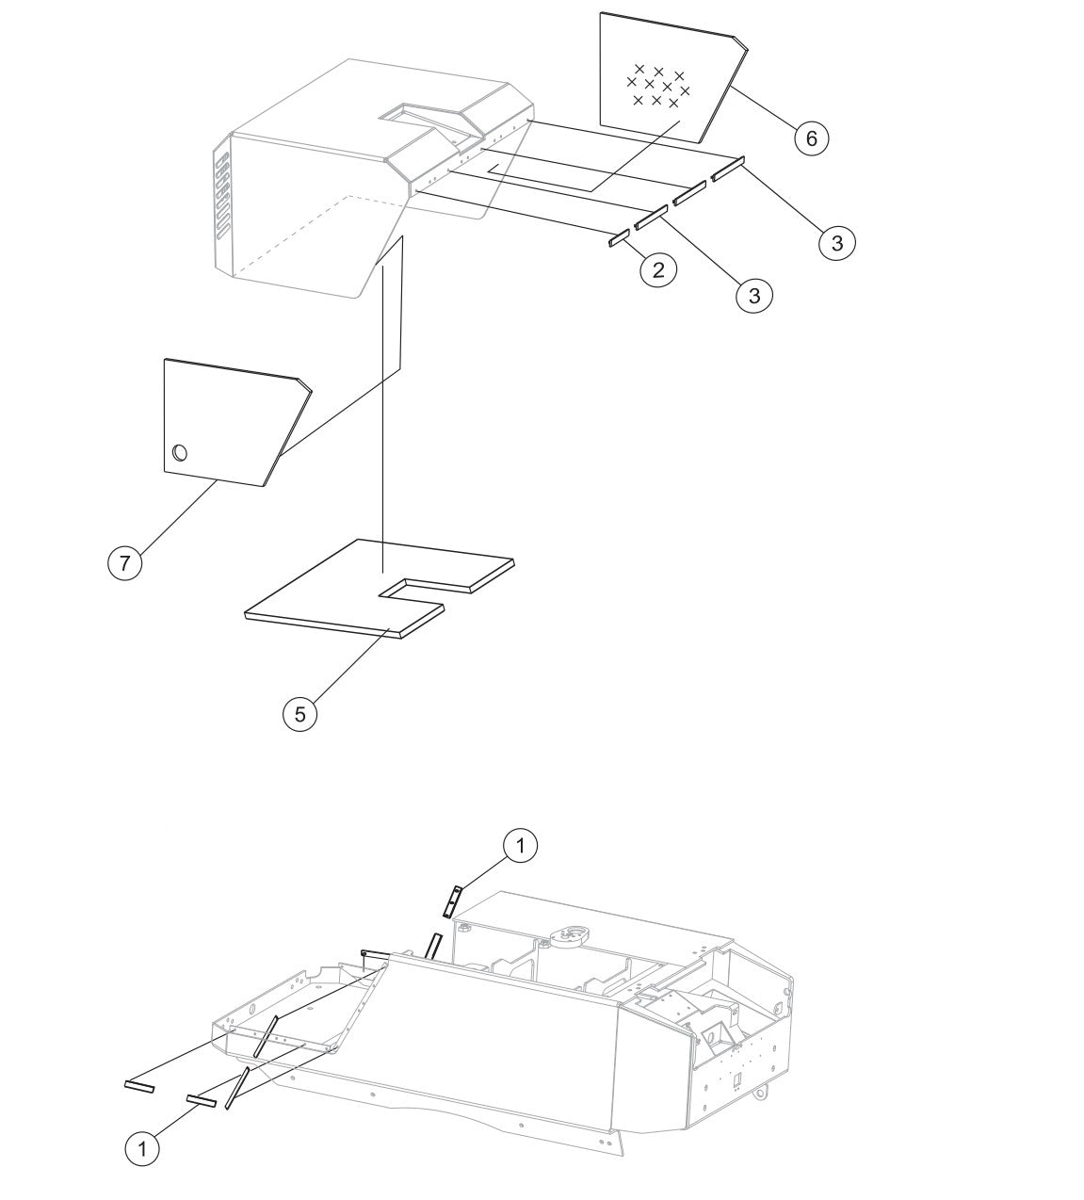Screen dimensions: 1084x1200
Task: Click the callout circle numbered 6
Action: pos(811,138)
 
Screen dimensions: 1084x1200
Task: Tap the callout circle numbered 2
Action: pos(658,269)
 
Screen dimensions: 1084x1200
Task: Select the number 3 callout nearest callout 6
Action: pos(837,242)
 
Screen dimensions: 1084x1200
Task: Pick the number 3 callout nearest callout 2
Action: pos(753,295)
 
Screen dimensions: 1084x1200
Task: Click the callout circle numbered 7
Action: pos(125,563)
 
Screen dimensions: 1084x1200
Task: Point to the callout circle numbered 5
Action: pos(299,714)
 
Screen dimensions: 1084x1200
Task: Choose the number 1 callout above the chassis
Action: pos(520,845)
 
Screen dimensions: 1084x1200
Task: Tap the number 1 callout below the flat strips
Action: pos(142,1112)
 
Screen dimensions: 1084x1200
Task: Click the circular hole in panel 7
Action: pos(180,453)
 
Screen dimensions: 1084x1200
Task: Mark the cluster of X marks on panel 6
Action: pos(658,86)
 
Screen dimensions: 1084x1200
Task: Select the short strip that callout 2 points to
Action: pos(619,237)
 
